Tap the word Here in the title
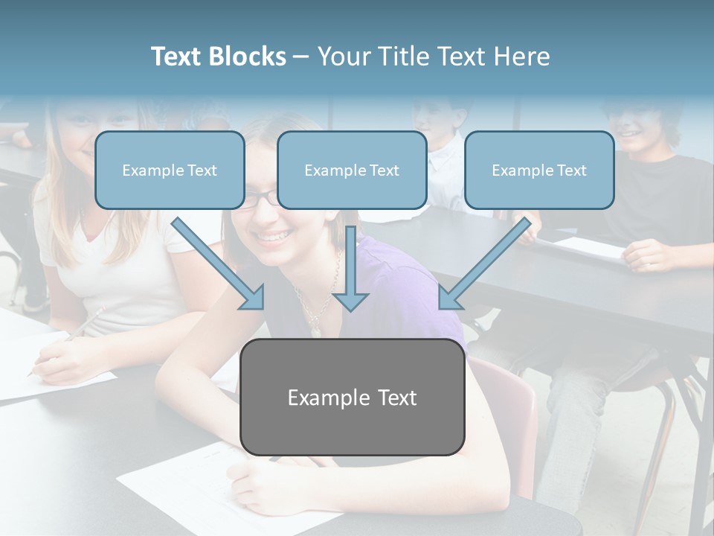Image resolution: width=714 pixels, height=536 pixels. [521, 57]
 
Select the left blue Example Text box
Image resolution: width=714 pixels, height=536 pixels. [170, 170]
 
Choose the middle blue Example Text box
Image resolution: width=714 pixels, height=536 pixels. [352, 170]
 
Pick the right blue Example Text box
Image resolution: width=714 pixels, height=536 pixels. [539, 170]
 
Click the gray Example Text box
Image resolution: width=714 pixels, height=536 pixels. [352, 397]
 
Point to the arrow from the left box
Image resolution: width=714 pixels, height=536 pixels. [218, 264]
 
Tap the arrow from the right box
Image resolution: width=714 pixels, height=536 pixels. [485, 264]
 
